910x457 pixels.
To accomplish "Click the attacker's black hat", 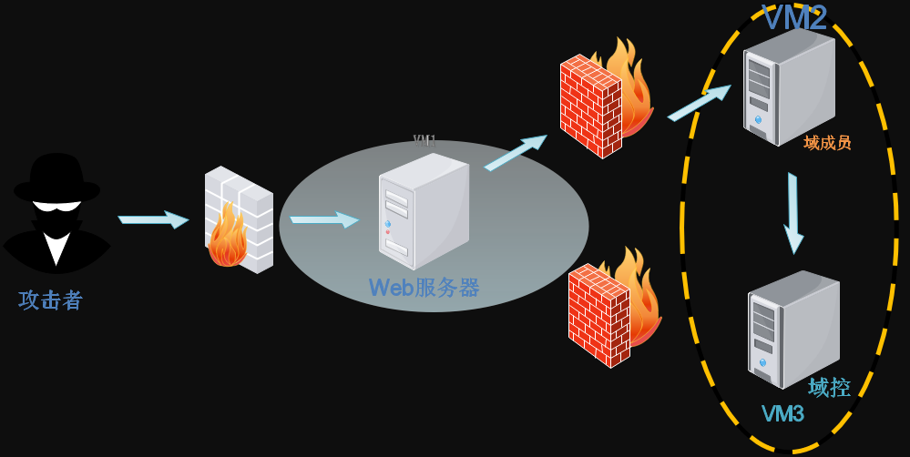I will point(56,178).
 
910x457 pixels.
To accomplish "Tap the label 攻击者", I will point(51,300).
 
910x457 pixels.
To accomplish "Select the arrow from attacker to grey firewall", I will point(153,218).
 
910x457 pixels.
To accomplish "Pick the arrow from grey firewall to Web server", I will point(324,219).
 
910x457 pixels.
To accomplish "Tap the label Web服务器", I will point(424,288).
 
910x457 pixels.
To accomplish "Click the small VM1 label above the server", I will point(424,140).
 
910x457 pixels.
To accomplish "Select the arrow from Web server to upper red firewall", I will point(516,152).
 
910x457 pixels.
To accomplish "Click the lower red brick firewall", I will point(598,315).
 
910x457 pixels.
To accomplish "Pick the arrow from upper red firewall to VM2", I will point(699,102).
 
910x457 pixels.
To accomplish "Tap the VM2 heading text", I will point(794,17).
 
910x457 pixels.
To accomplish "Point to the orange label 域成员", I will point(827,143).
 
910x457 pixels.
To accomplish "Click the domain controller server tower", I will point(792,328).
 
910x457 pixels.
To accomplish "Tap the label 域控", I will point(829,387).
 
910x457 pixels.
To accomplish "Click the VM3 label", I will point(782,414).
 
